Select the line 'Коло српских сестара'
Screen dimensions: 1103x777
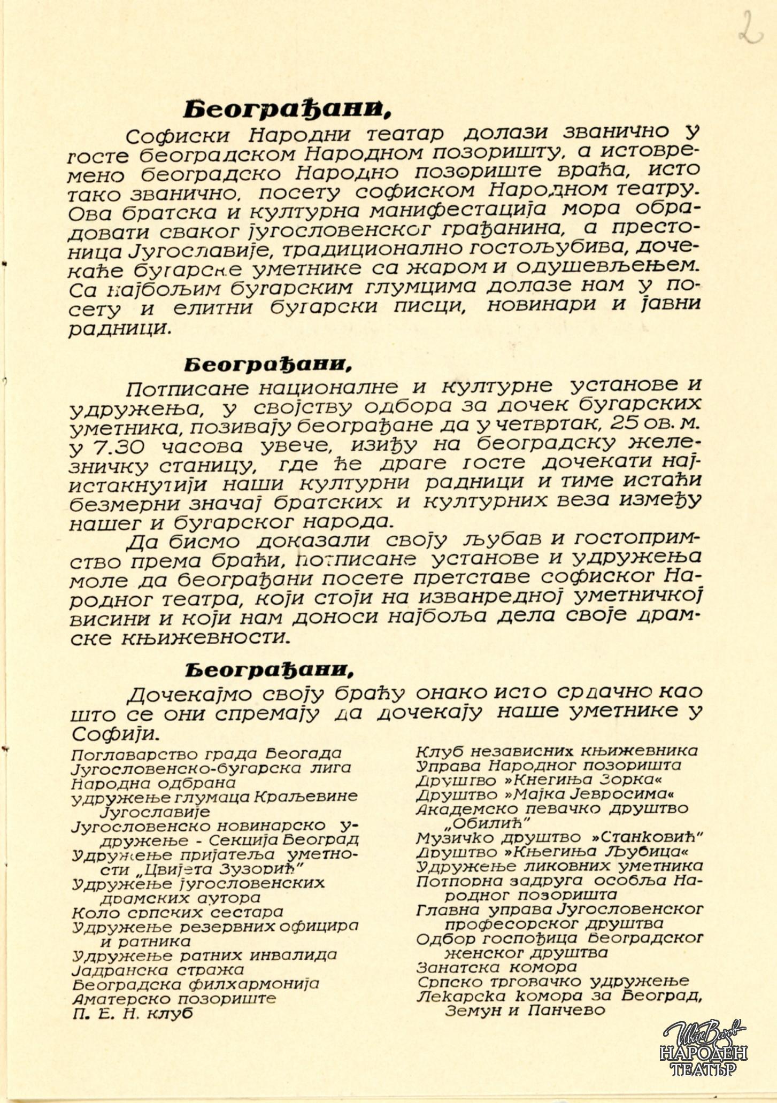pyautogui.click(x=177, y=912)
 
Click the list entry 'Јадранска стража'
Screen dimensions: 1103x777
pyautogui.click(x=158, y=969)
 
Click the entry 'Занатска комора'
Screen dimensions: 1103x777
pyautogui.click(x=496, y=967)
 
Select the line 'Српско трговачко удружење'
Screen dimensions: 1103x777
pyautogui.click(x=552, y=982)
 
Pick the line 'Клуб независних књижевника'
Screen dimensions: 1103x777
pyautogui.click(x=557, y=751)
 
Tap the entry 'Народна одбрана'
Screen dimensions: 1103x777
pyautogui.click(x=153, y=783)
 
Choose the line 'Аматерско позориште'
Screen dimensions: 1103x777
pyautogui.click(x=174, y=998)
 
